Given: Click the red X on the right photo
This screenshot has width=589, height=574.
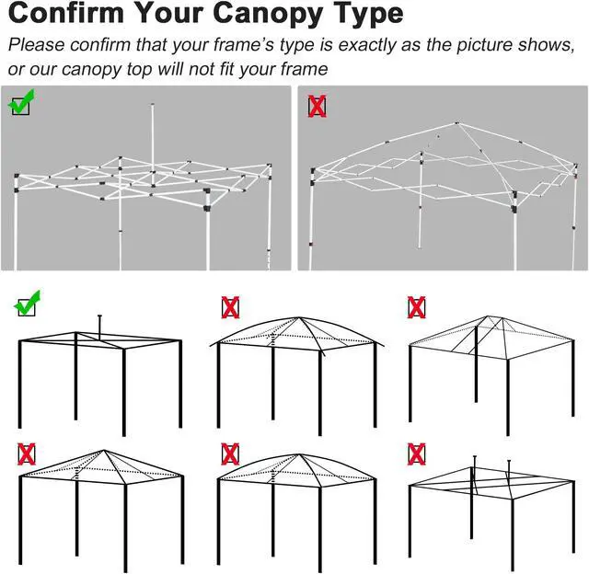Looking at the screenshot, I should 316,106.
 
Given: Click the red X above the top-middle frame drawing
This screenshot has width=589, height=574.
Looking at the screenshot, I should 230,306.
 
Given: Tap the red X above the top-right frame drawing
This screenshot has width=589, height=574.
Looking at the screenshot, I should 416,306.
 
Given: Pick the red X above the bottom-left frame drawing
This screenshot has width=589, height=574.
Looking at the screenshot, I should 27,453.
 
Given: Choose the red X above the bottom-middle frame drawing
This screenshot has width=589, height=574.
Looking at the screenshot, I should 230,453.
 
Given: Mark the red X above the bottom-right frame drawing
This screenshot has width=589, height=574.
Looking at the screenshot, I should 416,453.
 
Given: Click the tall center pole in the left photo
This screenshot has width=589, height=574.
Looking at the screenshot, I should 152,138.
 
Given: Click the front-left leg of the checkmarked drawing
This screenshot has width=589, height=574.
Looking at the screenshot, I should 20,386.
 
